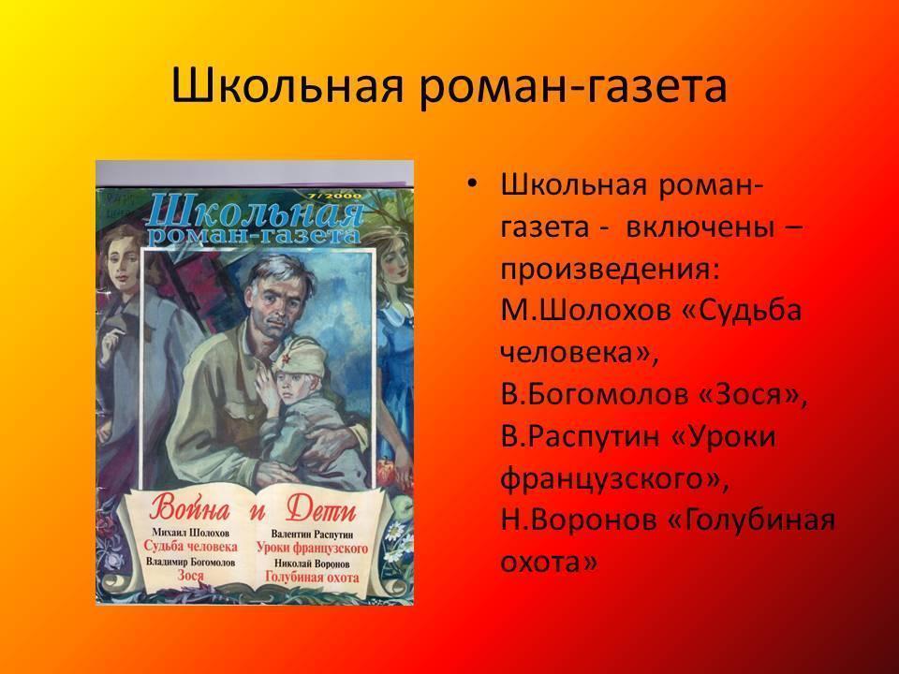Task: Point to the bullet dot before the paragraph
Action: [x=472, y=184]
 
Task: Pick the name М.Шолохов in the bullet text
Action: [x=585, y=311]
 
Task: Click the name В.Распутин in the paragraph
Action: [x=581, y=437]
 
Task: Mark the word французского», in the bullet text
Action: [x=614, y=479]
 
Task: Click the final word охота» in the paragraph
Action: [x=549, y=563]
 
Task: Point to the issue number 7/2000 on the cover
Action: [x=335, y=196]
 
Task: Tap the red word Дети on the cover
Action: [x=321, y=509]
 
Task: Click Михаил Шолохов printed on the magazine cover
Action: [x=190, y=532]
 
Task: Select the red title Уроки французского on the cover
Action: [x=312, y=548]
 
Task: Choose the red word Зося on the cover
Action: [x=190, y=575]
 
